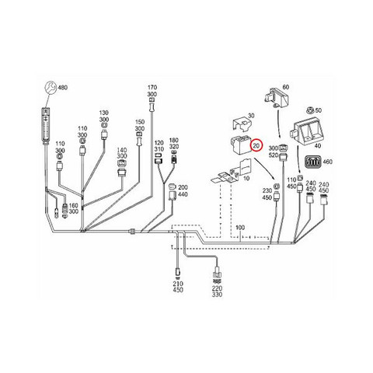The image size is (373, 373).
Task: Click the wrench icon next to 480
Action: click(x=51, y=88)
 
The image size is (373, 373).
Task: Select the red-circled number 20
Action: click(x=256, y=146)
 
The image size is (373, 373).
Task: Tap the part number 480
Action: click(x=63, y=88)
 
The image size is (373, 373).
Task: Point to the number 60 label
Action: click(x=285, y=87)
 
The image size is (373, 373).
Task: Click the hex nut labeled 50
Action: click(x=309, y=110)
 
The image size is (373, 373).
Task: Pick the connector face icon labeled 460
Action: click(x=314, y=162)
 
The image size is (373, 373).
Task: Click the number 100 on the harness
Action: click(x=240, y=228)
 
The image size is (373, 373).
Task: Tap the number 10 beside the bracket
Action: click(x=246, y=179)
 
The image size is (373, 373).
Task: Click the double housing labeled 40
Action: click(x=306, y=132)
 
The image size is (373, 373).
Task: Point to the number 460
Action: click(x=328, y=162)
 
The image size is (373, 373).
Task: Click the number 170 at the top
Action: click(x=152, y=87)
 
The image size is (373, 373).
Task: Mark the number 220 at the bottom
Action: click(x=217, y=288)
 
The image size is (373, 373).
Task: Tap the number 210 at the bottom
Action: click(x=178, y=284)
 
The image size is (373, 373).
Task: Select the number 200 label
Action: click(x=183, y=187)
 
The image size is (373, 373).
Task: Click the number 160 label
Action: click(x=74, y=206)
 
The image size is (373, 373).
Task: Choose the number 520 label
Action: click(x=274, y=155)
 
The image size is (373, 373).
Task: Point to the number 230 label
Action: click(x=267, y=190)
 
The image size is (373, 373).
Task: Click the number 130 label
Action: click(x=104, y=113)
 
